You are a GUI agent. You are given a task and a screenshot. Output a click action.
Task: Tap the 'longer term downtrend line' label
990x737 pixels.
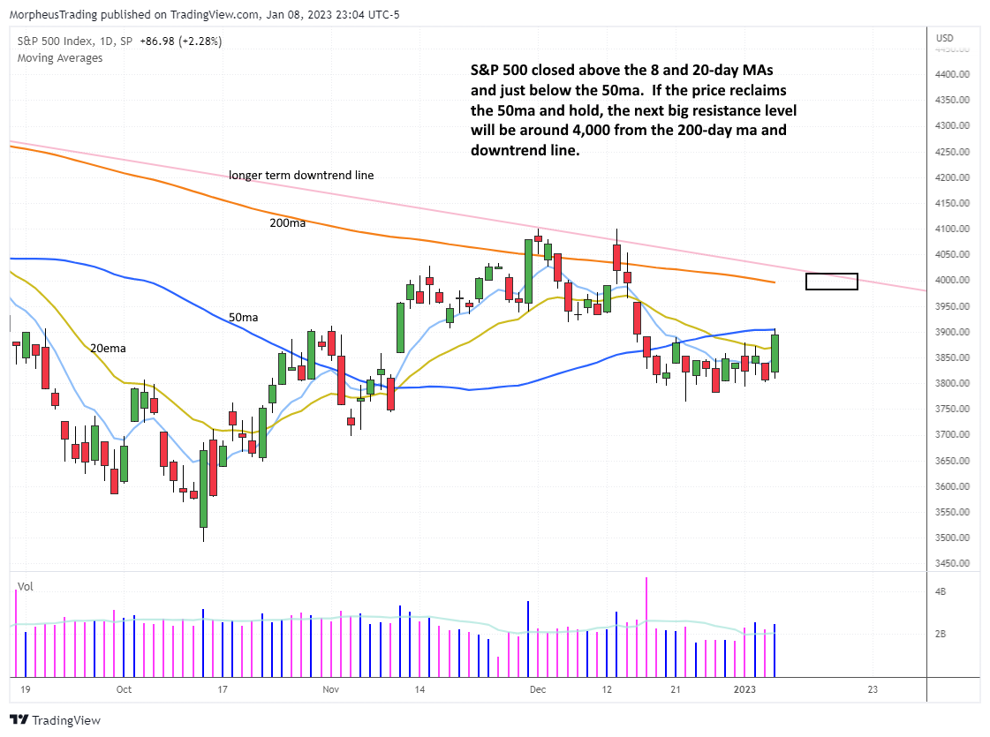(301, 176)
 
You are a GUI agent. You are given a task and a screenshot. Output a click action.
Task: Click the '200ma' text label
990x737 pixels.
(288, 223)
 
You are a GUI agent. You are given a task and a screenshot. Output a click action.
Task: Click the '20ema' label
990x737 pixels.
(108, 349)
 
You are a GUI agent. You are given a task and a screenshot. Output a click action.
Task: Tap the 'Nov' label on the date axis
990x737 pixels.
(330, 689)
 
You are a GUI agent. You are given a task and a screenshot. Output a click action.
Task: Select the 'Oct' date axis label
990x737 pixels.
(124, 689)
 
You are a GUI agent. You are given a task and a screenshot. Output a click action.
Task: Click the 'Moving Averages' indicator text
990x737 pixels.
(59, 58)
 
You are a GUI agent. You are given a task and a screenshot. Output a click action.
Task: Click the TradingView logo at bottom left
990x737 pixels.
(55, 720)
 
